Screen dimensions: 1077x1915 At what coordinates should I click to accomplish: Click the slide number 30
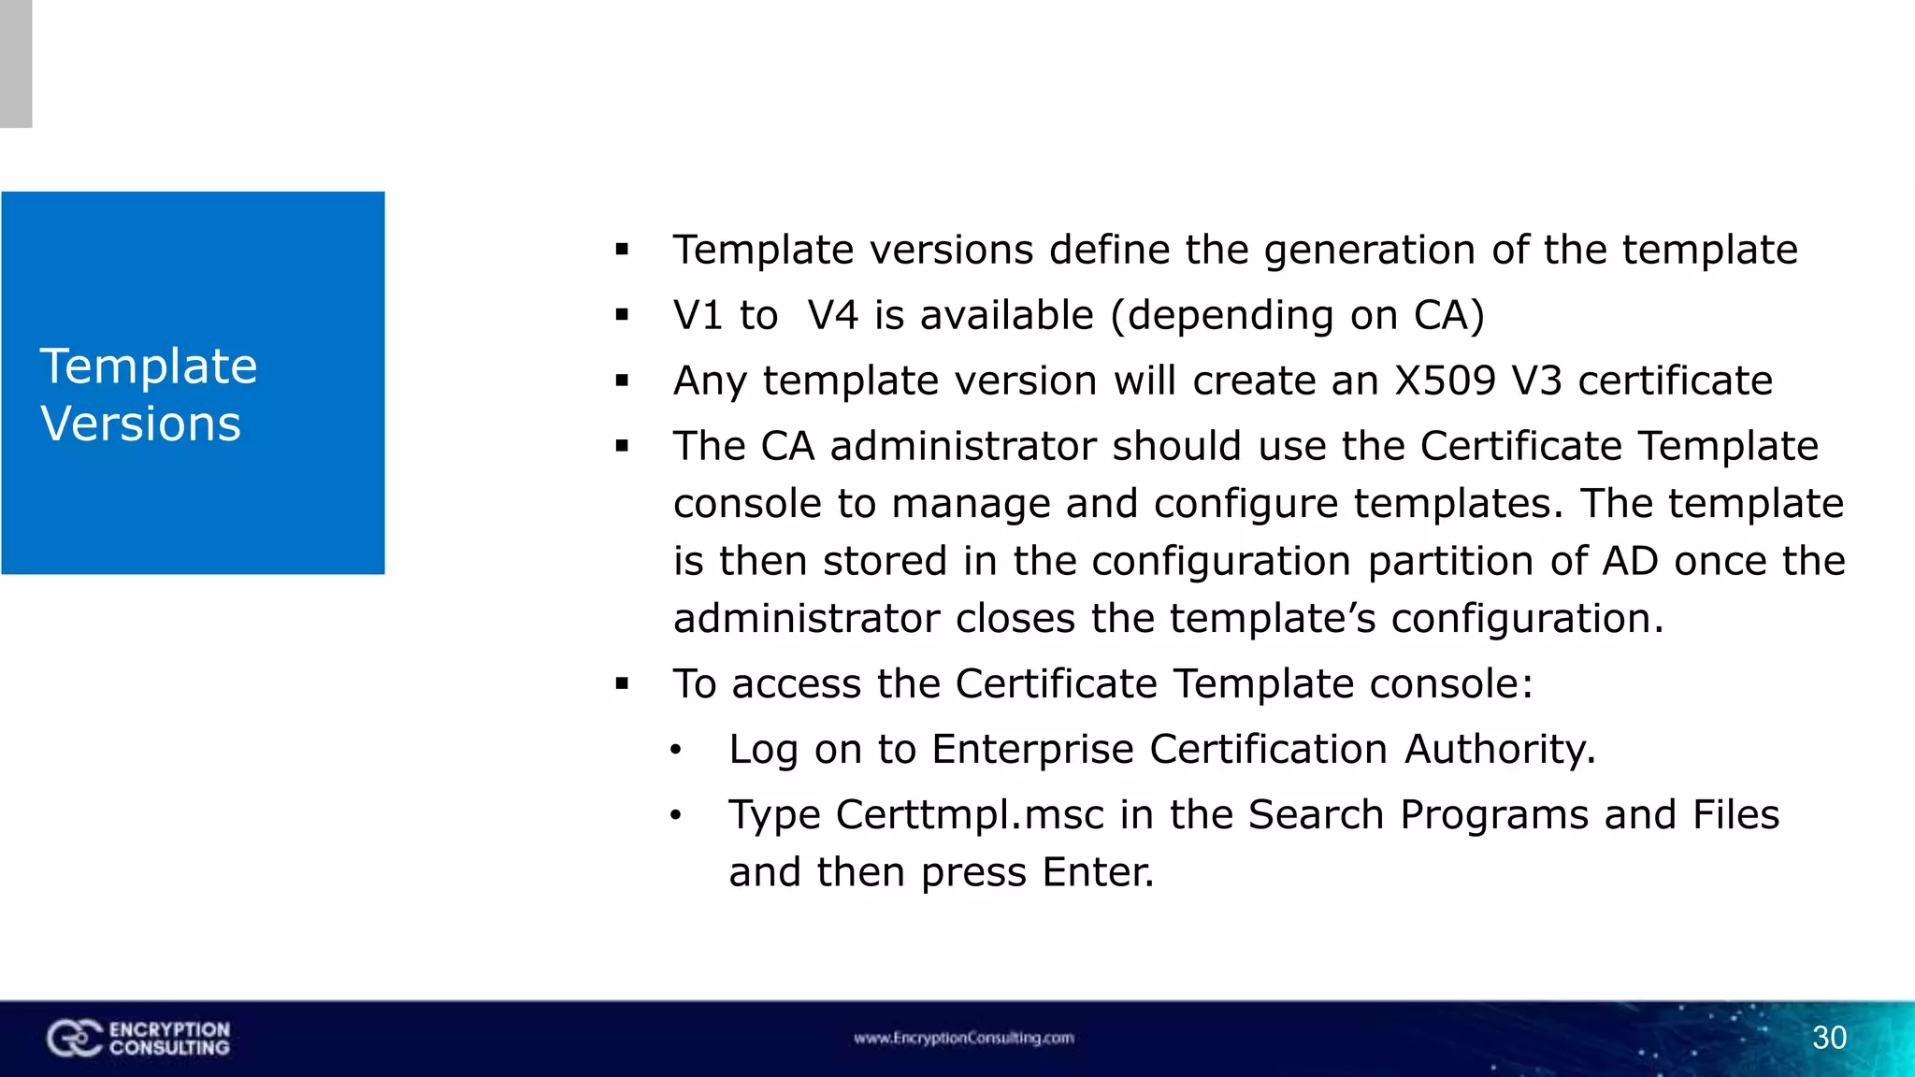point(1829,1038)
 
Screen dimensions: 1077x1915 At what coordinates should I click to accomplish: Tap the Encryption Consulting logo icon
point(74,1039)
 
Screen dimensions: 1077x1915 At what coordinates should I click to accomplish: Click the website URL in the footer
point(963,1038)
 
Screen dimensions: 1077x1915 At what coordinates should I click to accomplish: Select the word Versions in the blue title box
point(141,424)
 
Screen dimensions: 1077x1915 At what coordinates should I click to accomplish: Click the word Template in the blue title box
point(149,366)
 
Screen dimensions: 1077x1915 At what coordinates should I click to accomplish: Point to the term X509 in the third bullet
point(1445,381)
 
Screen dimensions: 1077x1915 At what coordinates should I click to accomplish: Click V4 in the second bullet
point(833,315)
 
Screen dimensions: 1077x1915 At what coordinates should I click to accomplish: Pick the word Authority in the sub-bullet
point(1499,749)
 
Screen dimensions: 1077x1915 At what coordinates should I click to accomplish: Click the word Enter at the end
point(1097,872)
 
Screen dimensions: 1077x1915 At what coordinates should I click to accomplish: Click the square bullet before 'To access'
point(622,684)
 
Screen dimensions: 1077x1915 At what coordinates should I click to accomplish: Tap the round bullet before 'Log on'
point(676,750)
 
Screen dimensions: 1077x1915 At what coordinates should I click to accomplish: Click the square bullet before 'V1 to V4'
point(622,316)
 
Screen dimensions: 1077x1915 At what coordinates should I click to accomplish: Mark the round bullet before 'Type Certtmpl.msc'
point(676,815)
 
